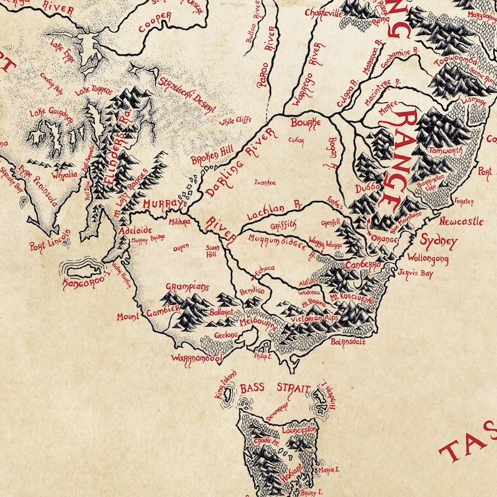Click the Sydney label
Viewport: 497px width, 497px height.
439,241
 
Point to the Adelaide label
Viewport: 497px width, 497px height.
135,230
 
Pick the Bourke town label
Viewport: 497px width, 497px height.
305,121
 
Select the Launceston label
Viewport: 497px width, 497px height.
300,431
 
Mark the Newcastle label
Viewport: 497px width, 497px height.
461,222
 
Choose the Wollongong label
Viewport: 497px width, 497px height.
428,258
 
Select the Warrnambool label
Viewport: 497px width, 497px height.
197,359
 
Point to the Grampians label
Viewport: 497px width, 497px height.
187,287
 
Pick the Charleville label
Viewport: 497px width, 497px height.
324,12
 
